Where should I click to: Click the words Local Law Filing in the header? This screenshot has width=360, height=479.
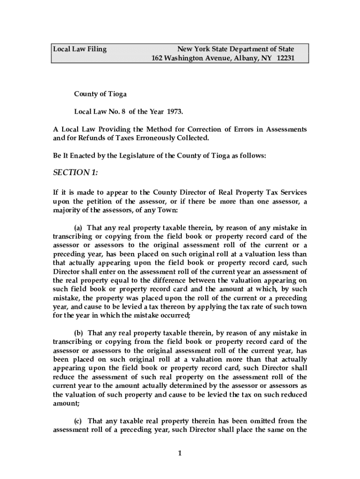pos(79,49)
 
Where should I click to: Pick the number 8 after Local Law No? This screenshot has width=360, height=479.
pos(125,112)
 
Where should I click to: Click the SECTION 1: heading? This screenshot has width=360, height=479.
pos(75,173)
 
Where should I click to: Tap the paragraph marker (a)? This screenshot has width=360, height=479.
pos(79,228)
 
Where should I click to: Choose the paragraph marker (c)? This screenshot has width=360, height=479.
pos(79,421)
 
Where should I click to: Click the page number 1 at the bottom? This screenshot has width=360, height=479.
pos(180,453)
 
